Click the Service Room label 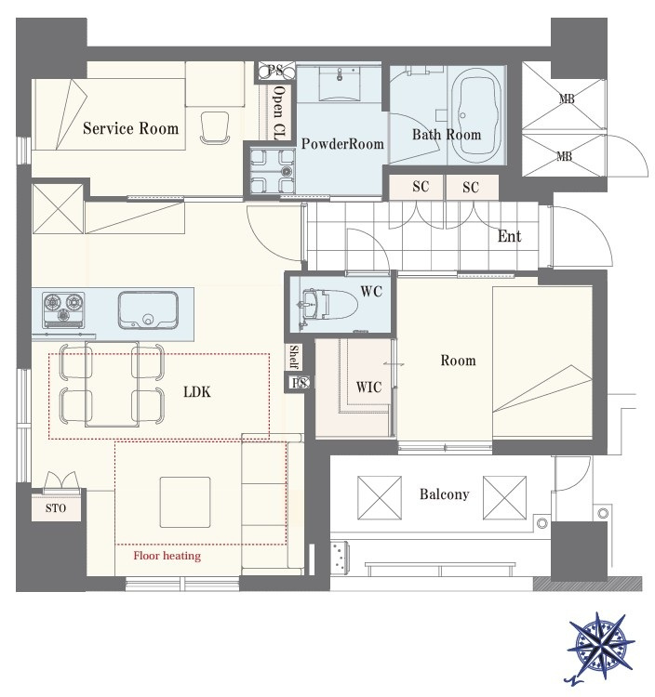(x=130, y=128)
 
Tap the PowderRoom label (x=342, y=143)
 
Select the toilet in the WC (x=329, y=305)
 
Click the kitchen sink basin (x=148, y=310)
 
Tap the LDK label (x=196, y=391)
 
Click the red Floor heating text (x=167, y=556)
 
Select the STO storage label (x=56, y=508)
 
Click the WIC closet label (x=368, y=387)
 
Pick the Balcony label (x=444, y=494)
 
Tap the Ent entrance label (x=509, y=236)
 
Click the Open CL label (x=279, y=112)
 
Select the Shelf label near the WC (x=294, y=357)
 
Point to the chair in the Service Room (x=215, y=127)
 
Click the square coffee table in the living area (x=185, y=502)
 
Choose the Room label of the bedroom (x=458, y=360)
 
